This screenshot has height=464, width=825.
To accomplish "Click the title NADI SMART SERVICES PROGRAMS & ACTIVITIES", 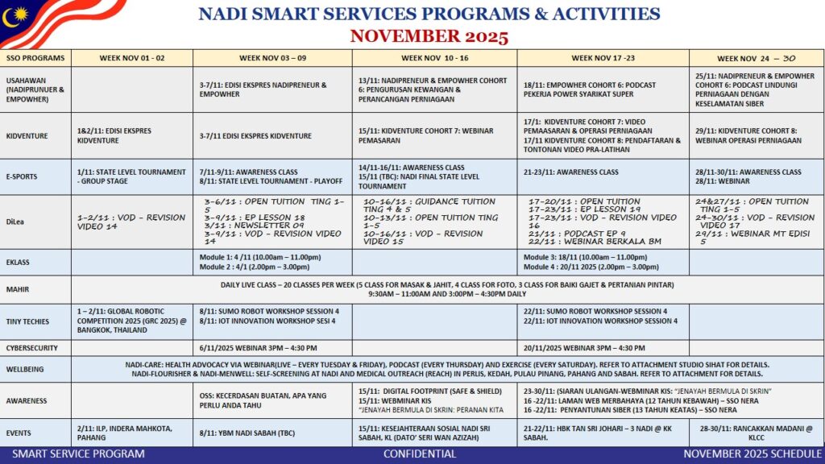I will pyautogui.click(x=429, y=14).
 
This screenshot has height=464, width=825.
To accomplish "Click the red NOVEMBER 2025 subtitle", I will pyautogui.click(x=429, y=36).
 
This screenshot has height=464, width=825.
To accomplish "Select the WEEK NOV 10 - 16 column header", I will pyautogui.click(x=434, y=58).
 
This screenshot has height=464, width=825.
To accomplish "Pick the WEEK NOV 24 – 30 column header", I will pyautogui.click(x=756, y=58).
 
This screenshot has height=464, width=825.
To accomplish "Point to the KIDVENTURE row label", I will pyautogui.click(x=28, y=135).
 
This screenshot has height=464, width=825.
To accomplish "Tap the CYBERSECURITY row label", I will pyautogui.click(x=32, y=349).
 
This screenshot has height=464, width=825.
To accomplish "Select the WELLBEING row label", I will pyautogui.click(x=27, y=369).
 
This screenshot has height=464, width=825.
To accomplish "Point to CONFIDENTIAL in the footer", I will pyautogui.click(x=419, y=454).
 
